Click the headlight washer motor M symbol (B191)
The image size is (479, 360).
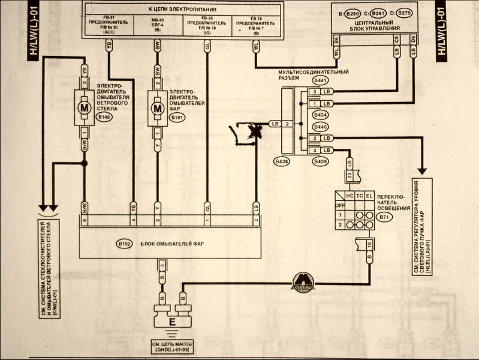(158, 109)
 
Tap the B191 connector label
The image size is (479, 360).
(177, 118)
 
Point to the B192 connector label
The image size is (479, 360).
(125, 244)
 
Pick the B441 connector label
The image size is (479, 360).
(321, 80)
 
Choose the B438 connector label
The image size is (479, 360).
(281, 161)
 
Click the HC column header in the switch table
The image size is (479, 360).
(348, 196)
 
